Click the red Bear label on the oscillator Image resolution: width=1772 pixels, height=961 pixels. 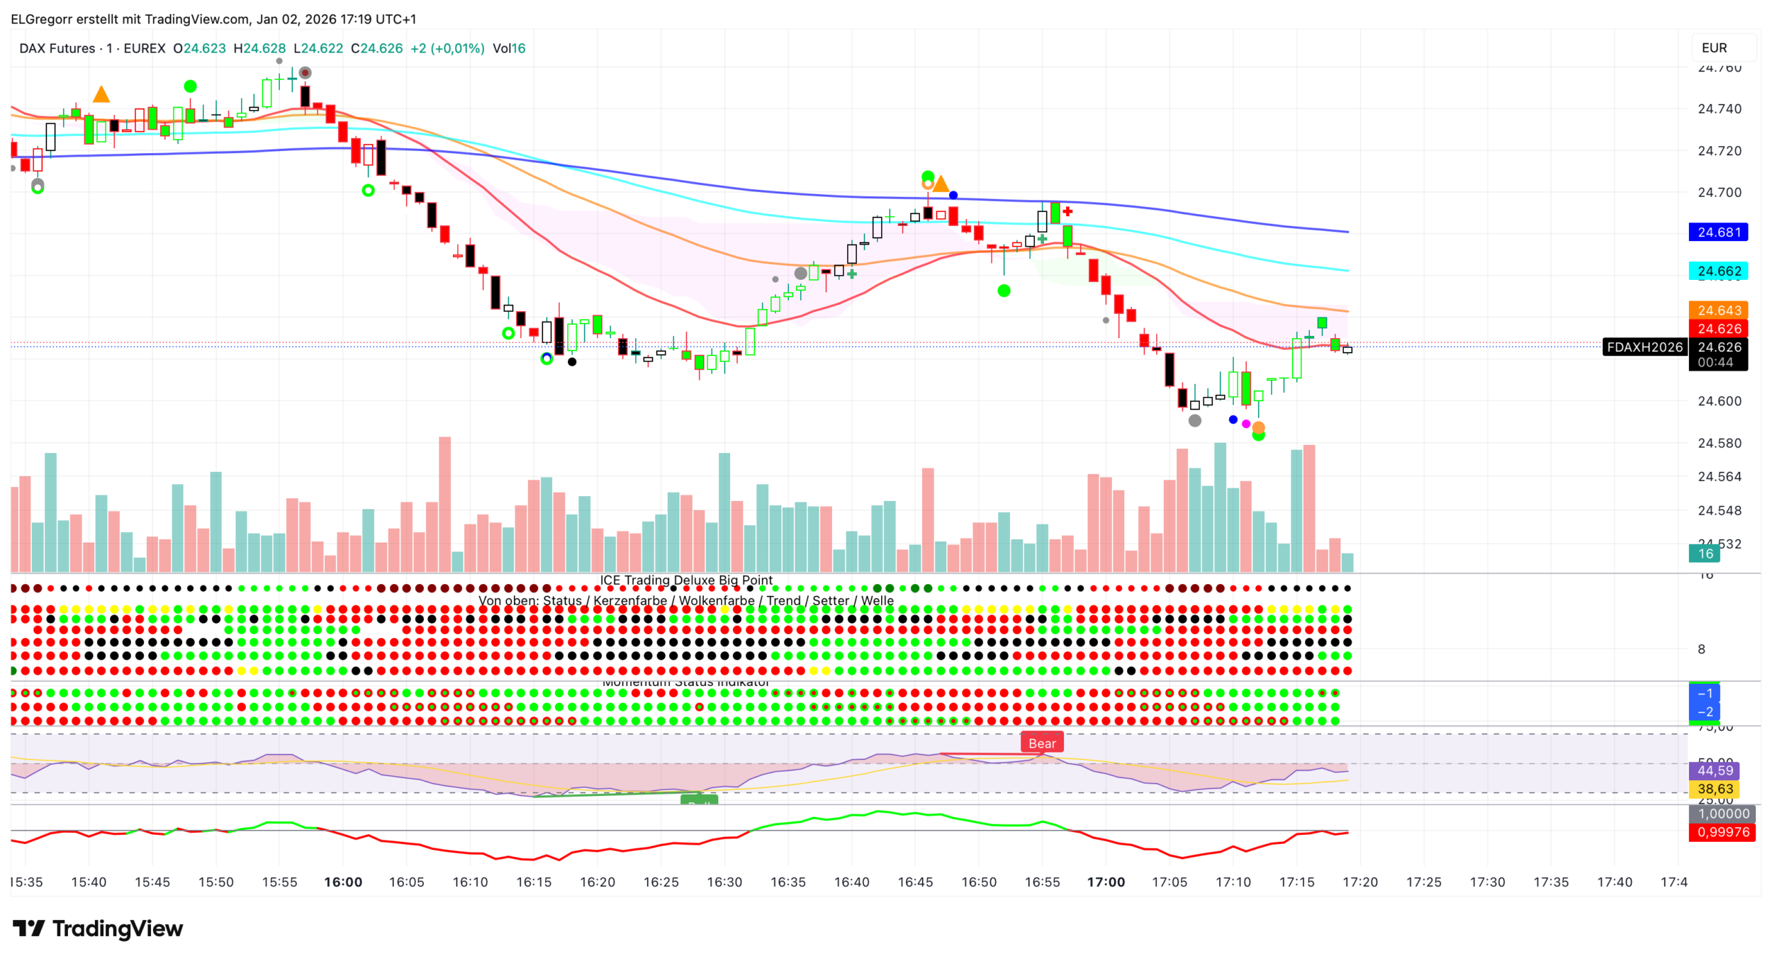pos(1041,743)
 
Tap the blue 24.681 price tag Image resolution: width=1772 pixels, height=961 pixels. pos(1718,232)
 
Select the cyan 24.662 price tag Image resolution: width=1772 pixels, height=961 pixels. pos(1718,271)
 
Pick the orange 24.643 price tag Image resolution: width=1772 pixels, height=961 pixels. pos(1718,310)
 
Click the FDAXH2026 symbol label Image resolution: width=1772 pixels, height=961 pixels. pos(1644,347)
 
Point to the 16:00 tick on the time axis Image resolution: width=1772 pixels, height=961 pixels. pos(343,882)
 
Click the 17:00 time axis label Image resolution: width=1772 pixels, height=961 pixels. pos(1106,882)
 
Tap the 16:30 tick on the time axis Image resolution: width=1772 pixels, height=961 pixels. pos(724,882)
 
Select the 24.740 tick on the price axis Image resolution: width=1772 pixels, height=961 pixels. pos(1719,109)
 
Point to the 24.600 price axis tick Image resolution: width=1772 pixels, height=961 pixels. pos(1719,401)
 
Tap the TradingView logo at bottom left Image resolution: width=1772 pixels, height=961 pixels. pos(98,928)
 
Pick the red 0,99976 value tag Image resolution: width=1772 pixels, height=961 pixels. pos(1722,832)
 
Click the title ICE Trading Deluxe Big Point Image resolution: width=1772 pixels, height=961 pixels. pos(686,580)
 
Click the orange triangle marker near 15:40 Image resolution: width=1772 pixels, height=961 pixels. pos(101,95)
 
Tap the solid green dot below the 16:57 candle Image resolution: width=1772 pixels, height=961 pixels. pos(1004,291)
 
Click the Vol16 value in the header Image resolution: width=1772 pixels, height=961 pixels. pos(509,48)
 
